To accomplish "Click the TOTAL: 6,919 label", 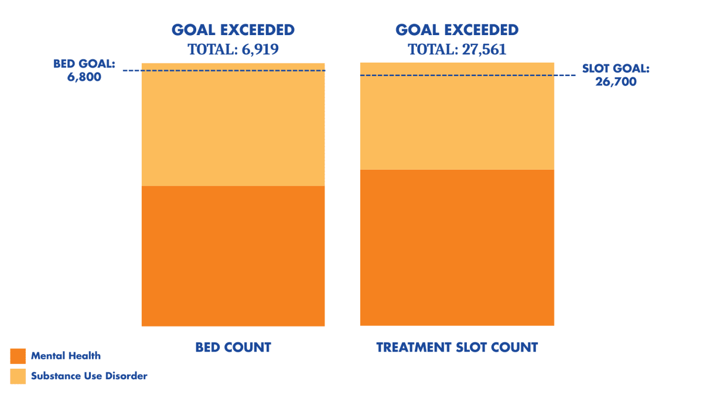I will (x=233, y=50).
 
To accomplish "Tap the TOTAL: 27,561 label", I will (x=457, y=50).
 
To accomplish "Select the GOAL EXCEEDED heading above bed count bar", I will (x=233, y=30).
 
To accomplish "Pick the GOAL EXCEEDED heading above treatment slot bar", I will (x=457, y=30).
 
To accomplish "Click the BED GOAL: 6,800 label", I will (x=84, y=70).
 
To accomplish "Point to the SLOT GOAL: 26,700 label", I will (x=616, y=75).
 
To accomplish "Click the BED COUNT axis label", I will (x=233, y=348).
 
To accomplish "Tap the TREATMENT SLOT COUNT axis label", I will (x=457, y=348).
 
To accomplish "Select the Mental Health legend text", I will (x=66, y=356).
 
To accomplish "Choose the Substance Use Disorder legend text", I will (x=89, y=376).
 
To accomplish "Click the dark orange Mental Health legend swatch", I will (x=18, y=356).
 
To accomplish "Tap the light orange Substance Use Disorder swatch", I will (x=18, y=376).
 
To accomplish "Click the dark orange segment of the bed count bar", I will (x=233, y=256).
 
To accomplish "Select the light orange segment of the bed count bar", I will (x=233, y=129).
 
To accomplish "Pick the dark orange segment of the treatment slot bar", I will (x=457, y=247).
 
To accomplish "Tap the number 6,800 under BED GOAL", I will (x=84, y=77).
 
